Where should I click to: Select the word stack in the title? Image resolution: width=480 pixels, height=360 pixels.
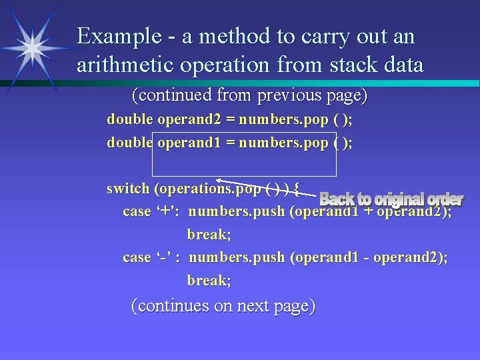click(355, 65)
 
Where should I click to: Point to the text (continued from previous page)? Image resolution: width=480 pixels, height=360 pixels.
click(249, 95)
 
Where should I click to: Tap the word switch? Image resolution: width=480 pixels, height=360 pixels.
click(128, 189)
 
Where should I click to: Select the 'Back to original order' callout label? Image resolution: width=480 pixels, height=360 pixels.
click(391, 199)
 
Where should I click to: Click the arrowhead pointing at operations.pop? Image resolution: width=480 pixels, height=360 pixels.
click(221, 181)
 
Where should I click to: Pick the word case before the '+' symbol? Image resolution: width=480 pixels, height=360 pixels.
click(137, 212)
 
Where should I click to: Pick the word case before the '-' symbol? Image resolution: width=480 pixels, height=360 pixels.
click(137, 258)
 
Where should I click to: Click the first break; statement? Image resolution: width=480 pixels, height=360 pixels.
click(209, 235)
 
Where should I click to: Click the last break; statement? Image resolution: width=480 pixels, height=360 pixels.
click(209, 281)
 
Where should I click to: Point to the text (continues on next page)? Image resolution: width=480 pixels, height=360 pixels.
click(223, 306)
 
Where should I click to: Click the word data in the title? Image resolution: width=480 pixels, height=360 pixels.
click(403, 65)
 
